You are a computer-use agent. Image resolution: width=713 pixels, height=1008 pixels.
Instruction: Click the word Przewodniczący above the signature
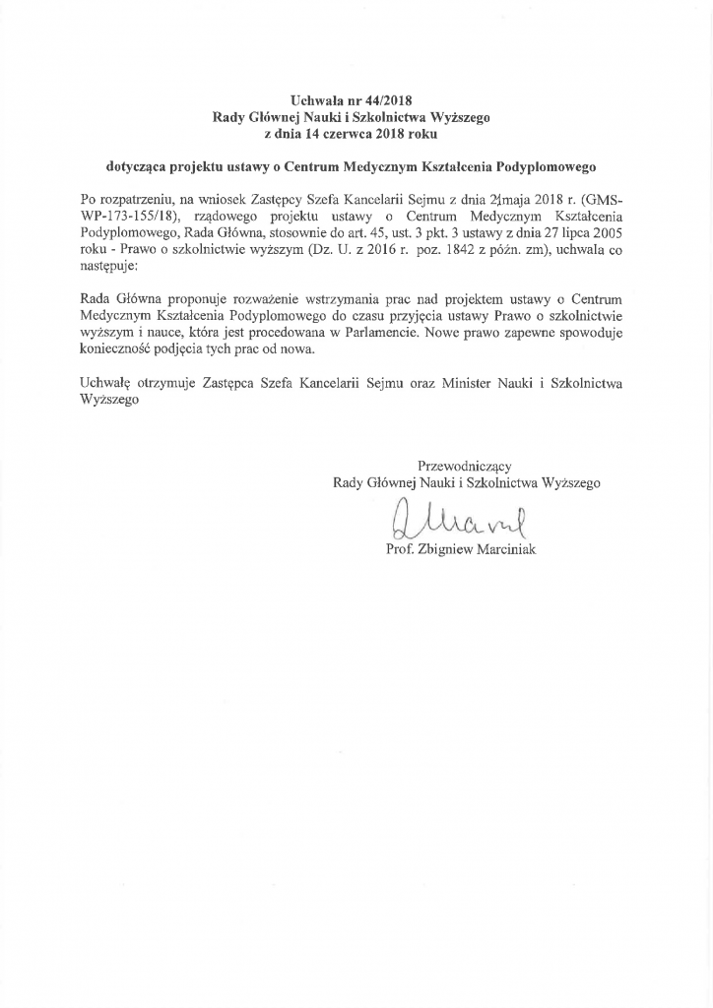point(465,466)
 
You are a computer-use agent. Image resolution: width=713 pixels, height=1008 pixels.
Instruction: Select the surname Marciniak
point(508,548)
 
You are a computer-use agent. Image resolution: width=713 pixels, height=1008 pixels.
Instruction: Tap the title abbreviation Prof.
point(399,548)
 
